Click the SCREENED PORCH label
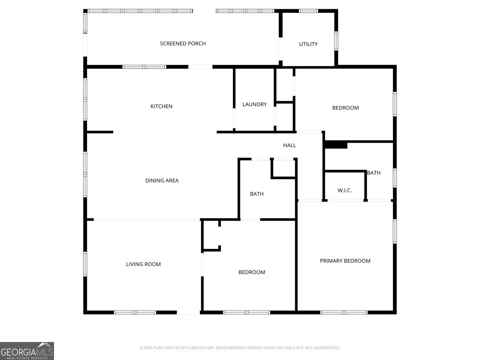(183, 44)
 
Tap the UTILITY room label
(308, 44)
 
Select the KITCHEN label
(162, 106)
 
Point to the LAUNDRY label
(254, 104)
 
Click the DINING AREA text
(162, 180)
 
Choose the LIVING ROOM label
(144, 264)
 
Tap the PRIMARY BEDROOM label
(345, 261)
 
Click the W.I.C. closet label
(344, 190)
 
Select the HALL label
(290, 145)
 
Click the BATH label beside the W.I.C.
(374, 173)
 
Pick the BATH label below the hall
(257, 194)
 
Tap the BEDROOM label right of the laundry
(346, 108)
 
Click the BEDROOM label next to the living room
(252, 272)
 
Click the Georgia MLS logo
(27, 351)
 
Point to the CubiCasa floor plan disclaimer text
(240, 348)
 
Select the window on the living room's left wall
(85, 264)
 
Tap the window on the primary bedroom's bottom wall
(344, 312)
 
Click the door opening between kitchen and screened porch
(200, 67)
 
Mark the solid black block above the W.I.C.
(336, 145)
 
